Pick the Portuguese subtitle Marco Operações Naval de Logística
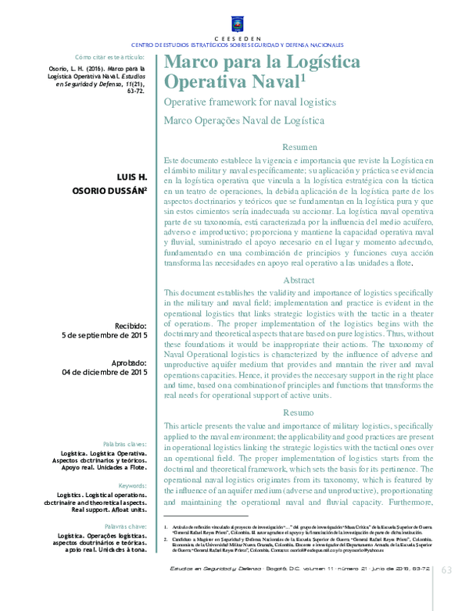243,120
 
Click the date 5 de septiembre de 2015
105,336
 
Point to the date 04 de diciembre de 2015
104,373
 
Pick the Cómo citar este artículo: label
110,57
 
